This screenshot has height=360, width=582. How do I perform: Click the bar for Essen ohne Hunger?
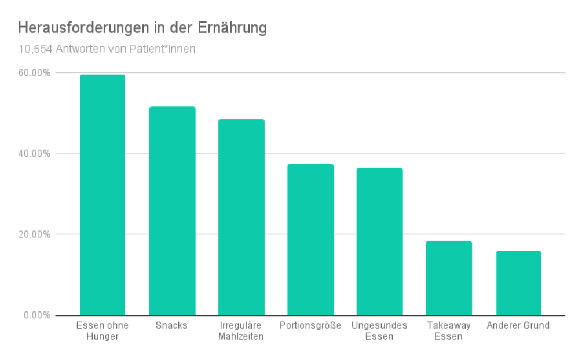click(x=103, y=195)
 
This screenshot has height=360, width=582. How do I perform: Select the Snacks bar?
click(x=172, y=211)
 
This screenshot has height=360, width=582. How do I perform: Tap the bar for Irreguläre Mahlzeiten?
click(x=241, y=217)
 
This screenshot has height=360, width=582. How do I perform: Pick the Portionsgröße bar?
click(x=310, y=240)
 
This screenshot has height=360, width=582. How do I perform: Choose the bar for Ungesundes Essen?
click(x=379, y=241)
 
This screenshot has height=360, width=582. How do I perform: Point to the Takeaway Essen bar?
click(x=449, y=278)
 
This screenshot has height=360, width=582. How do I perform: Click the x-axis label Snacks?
click(x=171, y=325)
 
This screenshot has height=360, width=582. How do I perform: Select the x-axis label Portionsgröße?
click(x=310, y=325)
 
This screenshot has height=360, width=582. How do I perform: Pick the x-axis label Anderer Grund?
click(x=518, y=325)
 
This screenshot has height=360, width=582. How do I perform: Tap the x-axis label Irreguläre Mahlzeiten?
click(x=241, y=330)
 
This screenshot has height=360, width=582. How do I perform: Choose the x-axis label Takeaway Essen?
click(x=449, y=330)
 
